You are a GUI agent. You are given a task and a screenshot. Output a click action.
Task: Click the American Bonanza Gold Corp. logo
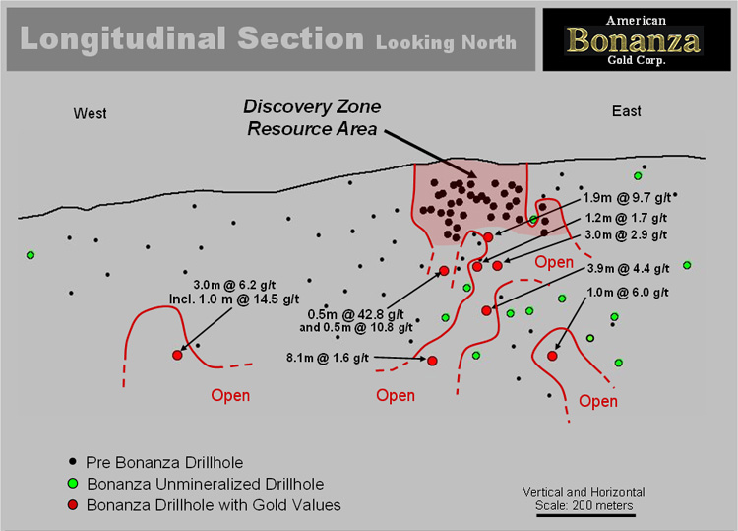(637, 39)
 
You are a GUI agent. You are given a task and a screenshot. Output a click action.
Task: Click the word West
(90, 113)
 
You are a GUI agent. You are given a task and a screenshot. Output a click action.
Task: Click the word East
(627, 111)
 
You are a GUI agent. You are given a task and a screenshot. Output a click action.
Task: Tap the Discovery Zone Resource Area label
(312, 118)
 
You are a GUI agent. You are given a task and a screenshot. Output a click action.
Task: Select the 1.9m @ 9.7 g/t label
(627, 198)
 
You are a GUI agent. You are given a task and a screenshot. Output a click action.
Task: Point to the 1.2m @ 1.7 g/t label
(626, 218)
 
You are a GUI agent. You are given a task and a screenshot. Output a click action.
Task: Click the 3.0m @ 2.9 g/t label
(626, 235)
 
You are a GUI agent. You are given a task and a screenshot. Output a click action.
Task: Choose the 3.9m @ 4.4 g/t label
(629, 269)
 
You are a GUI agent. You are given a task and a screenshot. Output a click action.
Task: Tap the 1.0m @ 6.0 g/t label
(628, 293)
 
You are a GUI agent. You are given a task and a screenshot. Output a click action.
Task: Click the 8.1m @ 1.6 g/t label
(328, 358)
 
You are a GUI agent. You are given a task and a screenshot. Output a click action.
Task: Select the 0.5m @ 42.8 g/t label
(356, 314)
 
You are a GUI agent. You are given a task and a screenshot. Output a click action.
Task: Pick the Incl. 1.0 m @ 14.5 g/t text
(234, 299)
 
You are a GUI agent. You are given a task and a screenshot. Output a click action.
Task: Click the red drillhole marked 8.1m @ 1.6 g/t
(432, 361)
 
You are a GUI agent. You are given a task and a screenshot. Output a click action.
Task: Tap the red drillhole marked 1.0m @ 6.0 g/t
(552, 356)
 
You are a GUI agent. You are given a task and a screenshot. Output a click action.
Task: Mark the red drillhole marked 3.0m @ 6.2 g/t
(177, 355)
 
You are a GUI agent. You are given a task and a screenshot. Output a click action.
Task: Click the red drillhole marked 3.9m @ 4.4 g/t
(486, 310)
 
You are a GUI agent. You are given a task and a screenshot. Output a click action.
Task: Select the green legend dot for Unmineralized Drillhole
(73, 484)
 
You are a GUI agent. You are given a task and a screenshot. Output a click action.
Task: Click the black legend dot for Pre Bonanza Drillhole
(73, 461)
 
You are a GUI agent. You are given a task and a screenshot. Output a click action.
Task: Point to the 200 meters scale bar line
(585, 515)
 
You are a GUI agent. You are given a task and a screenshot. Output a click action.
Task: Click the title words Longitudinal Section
(192, 38)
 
